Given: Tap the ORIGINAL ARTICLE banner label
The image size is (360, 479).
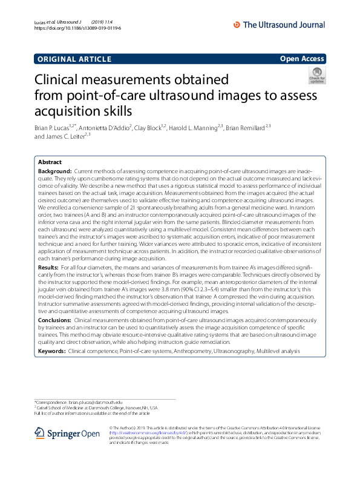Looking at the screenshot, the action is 74,59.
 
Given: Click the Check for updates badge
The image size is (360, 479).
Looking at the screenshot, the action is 316,76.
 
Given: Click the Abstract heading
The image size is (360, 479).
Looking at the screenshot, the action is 50,162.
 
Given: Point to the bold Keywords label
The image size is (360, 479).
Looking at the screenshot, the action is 51,351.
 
